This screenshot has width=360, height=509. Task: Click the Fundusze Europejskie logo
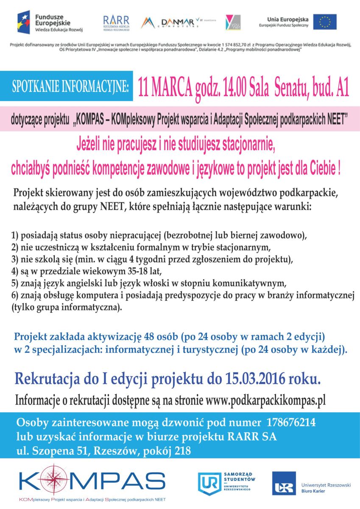(50, 22)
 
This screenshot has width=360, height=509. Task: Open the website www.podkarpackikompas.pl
(265, 400)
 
